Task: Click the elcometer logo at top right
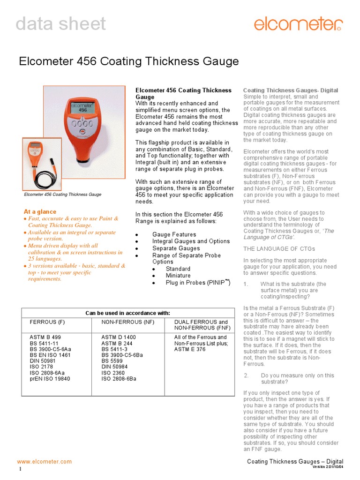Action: click(x=298, y=24)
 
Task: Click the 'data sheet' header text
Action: click(x=61, y=24)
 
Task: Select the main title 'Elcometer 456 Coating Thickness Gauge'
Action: click(x=128, y=61)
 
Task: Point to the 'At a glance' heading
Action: click(x=40, y=212)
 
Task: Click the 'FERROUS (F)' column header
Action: click(x=47, y=322)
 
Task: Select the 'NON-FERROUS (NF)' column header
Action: click(x=127, y=322)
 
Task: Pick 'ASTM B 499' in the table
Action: click(x=45, y=337)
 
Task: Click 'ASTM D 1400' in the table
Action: click(x=118, y=337)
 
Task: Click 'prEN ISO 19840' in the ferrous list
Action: click(x=50, y=379)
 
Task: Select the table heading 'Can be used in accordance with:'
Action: click(x=127, y=313)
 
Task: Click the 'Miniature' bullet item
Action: click(x=178, y=276)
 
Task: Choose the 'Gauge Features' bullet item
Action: click(x=174, y=234)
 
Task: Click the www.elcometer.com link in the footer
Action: click(x=45, y=462)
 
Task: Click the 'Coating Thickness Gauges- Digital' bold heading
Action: click(x=290, y=90)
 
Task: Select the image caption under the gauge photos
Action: click(x=62, y=195)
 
